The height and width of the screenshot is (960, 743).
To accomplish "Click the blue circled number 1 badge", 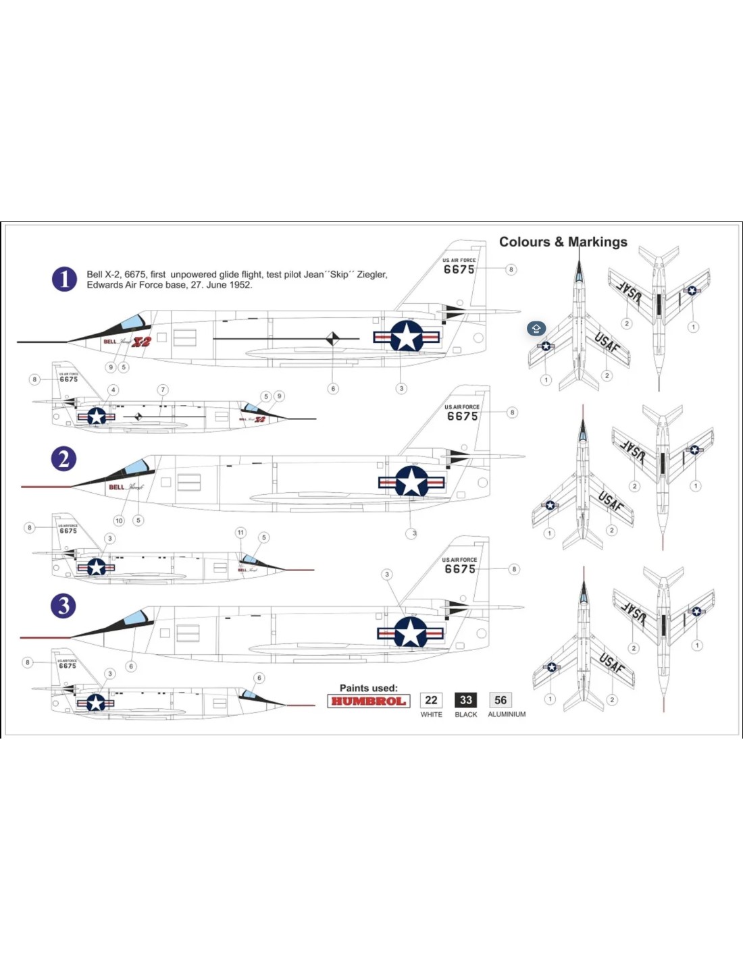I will (x=64, y=279).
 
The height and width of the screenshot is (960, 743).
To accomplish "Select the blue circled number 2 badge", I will (x=63, y=459).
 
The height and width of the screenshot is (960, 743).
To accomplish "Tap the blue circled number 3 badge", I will (x=63, y=606).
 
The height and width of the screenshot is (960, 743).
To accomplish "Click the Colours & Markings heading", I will (x=563, y=242).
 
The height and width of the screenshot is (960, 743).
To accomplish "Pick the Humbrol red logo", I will (x=368, y=701).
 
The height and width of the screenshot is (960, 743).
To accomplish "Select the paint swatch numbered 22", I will (x=431, y=700).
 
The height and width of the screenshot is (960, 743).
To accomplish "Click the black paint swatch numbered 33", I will (x=465, y=700).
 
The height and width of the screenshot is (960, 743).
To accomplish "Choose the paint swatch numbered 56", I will (x=500, y=700).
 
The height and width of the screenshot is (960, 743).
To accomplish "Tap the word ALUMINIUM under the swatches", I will (x=507, y=714).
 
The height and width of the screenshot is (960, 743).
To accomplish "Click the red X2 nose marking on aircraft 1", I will (x=141, y=342).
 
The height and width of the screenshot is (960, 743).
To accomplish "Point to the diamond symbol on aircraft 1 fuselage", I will (x=332, y=338).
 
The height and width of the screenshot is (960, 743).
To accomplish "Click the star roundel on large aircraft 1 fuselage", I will (x=407, y=336).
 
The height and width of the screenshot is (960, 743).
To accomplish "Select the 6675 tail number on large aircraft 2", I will (x=462, y=417).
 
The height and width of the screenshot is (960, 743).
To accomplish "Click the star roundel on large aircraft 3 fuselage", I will (x=410, y=633).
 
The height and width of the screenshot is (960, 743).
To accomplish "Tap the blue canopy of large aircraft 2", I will (x=134, y=466).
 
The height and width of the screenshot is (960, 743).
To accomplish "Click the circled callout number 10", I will (x=119, y=521).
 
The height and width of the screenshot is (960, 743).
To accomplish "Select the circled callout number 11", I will (x=240, y=533).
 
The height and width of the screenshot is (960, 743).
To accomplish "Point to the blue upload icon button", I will (x=536, y=329).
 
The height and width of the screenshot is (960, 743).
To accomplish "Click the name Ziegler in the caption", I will (x=371, y=275).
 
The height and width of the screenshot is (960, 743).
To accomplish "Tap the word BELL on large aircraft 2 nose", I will (x=117, y=487).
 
